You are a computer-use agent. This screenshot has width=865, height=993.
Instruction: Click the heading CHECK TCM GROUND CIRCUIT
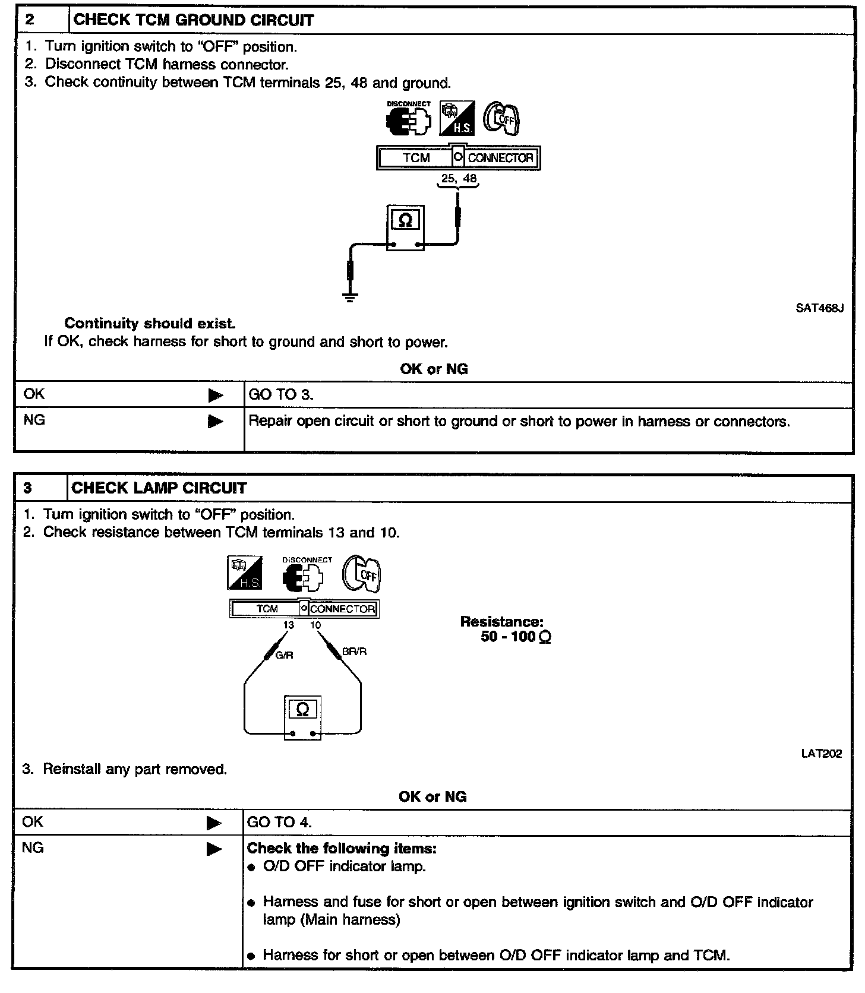pyautogui.click(x=193, y=20)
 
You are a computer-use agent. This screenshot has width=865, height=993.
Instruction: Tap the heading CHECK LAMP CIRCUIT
pyautogui.click(x=159, y=488)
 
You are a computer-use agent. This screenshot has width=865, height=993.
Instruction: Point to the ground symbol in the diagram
pyautogui.click(x=351, y=297)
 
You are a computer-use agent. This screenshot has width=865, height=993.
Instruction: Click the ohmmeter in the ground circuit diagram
pyautogui.click(x=405, y=227)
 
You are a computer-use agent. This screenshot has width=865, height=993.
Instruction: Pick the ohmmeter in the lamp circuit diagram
pyautogui.click(x=302, y=717)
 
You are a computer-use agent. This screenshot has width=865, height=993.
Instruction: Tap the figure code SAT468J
pyautogui.click(x=819, y=308)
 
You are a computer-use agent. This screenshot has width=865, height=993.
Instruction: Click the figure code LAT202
pyautogui.click(x=822, y=754)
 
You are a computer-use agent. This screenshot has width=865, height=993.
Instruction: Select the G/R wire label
pyautogui.click(x=284, y=655)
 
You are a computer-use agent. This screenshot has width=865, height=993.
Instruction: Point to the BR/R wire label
pyautogui.click(x=354, y=652)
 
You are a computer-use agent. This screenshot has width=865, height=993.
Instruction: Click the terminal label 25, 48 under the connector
pyautogui.click(x=458, y=178)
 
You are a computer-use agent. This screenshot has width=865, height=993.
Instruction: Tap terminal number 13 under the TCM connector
pyautogui.click(x=289, y=625)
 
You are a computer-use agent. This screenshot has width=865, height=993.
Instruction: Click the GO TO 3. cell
pyautogui.click(x=281, y=394)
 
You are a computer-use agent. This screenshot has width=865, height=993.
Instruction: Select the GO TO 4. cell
pyautogui.click(x=279, y=822)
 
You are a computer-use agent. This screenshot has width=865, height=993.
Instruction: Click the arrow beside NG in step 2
pyautogui.click(x=215, y=421)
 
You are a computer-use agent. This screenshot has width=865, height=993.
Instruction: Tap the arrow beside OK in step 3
pyautogui.click(x=213, y=823)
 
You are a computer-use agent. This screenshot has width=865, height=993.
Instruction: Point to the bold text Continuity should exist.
pyautogui.click(x=150, y=324)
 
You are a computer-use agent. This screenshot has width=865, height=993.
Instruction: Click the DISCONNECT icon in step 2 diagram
pyautogui.click(x=409, y=119)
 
